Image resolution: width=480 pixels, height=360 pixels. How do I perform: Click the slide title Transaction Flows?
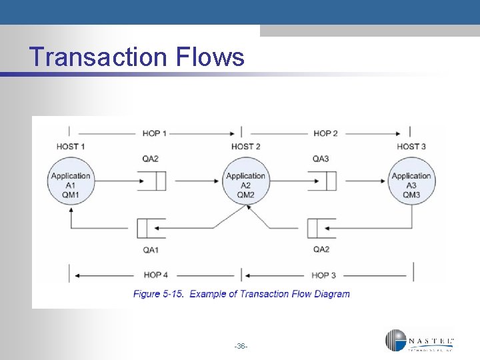tap(137, 57)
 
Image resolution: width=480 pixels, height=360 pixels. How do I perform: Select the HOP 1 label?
tap(155, 133)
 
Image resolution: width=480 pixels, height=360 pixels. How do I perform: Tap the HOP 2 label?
tap(325, 133)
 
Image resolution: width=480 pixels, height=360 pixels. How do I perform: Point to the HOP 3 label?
tap(325, 275)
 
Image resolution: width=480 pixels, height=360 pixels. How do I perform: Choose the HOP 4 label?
tap(156, 275)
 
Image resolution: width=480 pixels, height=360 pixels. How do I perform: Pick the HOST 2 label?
tap(245, 147)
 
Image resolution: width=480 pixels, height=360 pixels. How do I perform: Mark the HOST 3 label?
tap(411, 147)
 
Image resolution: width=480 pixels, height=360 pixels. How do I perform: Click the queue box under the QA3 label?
tap(322, 181)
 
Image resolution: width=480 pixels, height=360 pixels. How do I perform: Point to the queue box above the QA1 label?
tap(151, 229)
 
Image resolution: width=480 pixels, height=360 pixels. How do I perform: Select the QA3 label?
tap(321, 159)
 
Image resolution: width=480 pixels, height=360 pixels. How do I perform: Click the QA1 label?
tap(151, 249)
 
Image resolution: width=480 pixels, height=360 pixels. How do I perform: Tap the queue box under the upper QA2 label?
tap(151, 181)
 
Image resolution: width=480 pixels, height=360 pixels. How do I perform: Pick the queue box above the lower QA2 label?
tap(322, 229)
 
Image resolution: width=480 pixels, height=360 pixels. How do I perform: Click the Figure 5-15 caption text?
tap(241, 294)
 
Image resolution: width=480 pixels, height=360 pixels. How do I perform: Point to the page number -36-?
tap(241, 346)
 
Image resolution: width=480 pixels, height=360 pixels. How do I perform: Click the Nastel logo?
tap(420, 341)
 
